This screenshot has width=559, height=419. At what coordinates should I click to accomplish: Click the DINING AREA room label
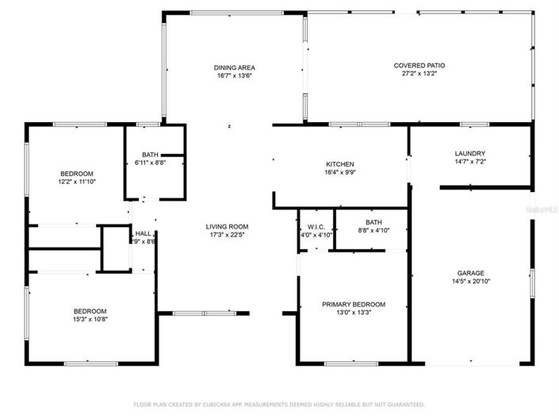tap(234, 67)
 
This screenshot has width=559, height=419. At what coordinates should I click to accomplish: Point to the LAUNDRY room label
tap(469, 153)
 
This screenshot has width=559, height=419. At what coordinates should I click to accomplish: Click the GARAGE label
tap(470, 272)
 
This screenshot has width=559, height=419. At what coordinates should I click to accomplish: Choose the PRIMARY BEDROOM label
tap(353, 304)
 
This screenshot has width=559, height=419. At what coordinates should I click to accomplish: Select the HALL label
tap(143, 233)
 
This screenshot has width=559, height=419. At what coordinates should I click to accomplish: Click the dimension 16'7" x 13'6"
tap(235, 76)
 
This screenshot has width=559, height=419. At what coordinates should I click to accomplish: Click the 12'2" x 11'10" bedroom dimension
tap(77, 182)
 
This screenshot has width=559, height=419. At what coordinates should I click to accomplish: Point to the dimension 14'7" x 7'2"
tap(469, 162)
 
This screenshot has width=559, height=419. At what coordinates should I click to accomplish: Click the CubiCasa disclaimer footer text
tap(279, 404)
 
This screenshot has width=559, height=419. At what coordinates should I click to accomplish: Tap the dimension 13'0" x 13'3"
tap(353, 313)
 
